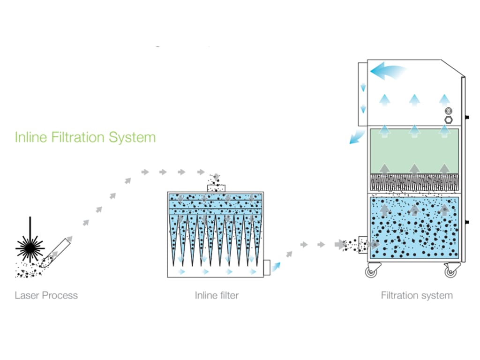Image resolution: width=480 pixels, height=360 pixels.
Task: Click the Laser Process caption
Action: point(46,295)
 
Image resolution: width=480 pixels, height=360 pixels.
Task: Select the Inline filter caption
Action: point(217,295)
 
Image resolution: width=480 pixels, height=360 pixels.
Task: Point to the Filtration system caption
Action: point(417,295)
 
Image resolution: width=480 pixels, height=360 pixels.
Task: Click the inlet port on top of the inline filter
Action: point(216,187)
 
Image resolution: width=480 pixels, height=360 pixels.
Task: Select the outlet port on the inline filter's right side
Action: point(267,268)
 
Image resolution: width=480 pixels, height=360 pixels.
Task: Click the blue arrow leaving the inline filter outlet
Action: point(277,266)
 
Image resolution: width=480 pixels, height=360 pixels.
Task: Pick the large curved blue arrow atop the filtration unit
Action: point(387,72)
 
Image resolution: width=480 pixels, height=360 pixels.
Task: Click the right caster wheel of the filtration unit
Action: point(451,270)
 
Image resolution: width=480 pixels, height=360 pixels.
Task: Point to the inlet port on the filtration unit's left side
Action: point(362,244)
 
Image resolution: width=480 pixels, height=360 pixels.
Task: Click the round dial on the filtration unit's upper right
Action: point(448,111)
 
